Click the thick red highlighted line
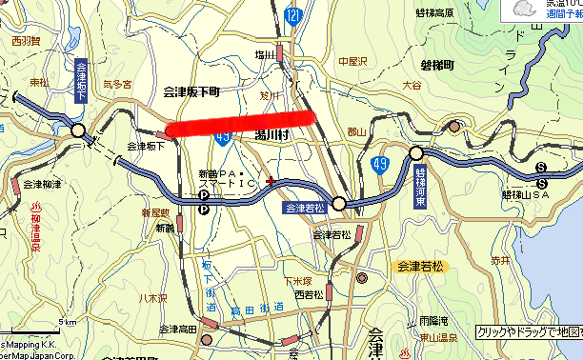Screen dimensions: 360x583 pos(240,124)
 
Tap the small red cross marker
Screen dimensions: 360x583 pos(271,180)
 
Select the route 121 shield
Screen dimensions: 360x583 pos(293,15)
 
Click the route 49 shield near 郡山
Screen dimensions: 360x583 pos(379,166)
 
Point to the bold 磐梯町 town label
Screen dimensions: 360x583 pos(437,65)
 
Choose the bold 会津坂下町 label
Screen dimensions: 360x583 pos(191,91)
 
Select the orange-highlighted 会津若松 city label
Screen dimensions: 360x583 pos(422,266)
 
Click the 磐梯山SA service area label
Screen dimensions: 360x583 pos(528,194)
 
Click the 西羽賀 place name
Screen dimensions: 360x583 pos(27,41)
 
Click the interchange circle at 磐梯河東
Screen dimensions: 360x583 pos(415,152)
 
